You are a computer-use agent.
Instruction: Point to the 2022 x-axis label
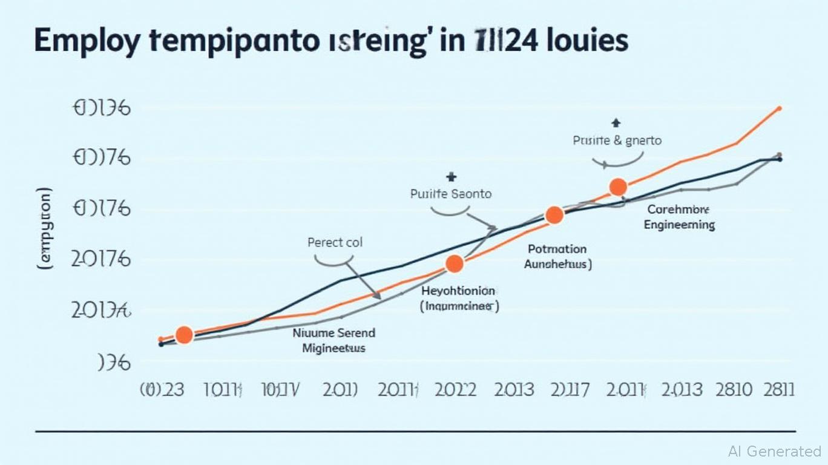tap(455, 389)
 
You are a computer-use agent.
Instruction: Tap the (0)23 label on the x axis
tap(162, 389)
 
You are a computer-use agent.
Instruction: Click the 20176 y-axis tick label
tap(101, 259)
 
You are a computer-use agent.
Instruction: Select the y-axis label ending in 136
tap(102, 109)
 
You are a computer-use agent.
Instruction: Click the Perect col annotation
tap(335, 243)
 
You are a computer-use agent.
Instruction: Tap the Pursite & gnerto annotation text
tap(617, 140)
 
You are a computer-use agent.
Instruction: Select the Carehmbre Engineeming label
tap(678, 217)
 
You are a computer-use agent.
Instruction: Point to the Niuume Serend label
tap(333, 333)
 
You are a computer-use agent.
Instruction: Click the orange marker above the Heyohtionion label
tap(454, 263)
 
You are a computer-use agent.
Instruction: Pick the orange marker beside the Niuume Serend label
tap(184, 334)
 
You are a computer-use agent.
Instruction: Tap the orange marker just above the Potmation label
tap(554, 215)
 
